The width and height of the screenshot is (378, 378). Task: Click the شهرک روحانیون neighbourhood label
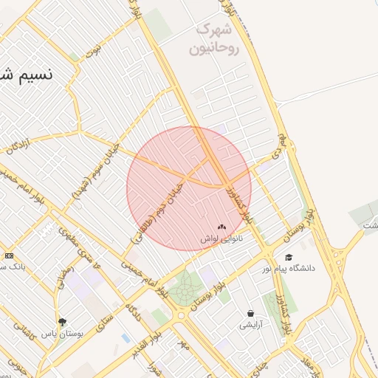click(215, 40)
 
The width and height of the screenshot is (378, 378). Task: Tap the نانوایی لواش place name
click(221, 239)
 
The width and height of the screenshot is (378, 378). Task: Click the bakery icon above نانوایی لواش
click(221, 227)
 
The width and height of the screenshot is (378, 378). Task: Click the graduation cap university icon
click(289, 257)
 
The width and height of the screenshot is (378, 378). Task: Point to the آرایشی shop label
click(250, 324)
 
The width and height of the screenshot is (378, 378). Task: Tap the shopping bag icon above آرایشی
click(250, 313)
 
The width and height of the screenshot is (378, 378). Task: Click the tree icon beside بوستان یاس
click(62, 322)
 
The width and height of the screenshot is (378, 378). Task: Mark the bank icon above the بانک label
click(9, 255)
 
